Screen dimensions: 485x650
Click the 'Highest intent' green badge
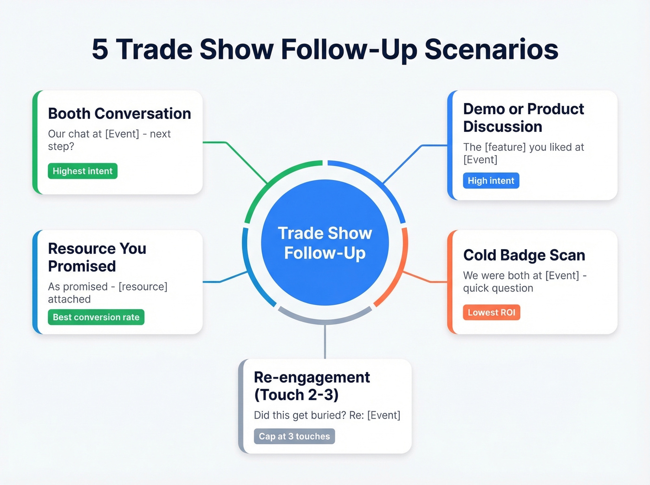tap(83, 171)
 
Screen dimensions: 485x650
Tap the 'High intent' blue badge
tap(491, 181)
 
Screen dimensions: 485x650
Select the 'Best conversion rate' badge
tap(96, 317)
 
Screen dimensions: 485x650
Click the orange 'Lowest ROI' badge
tap(491, 313)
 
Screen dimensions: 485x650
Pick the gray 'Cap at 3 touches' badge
tap(294, 437)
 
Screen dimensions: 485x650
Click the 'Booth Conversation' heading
tap(119, 114)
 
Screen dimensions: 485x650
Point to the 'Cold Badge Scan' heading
tap(524, 255)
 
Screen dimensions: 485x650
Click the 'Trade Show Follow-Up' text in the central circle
tap(325, 243)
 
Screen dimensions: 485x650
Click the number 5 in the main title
tap(100, 50)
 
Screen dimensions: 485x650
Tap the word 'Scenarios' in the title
tap(491, 50)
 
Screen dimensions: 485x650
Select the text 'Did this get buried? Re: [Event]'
tap(327, 415)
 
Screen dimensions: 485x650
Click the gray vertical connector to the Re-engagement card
tap(325, 341)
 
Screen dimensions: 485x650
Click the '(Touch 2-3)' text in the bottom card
tap(296, 395)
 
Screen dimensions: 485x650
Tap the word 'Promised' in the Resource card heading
tap(82, 266)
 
